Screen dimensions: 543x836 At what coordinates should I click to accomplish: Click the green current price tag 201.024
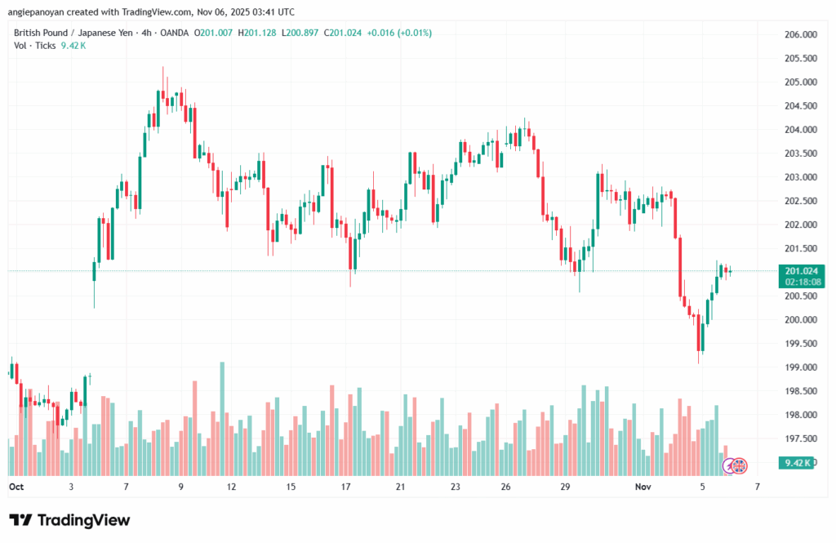801,270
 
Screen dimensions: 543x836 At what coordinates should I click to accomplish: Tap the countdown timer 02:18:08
801,282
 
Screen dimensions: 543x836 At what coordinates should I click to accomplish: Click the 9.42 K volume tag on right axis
797,463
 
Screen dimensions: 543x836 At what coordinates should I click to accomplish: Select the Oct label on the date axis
16,486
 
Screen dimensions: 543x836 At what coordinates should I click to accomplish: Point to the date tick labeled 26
506,486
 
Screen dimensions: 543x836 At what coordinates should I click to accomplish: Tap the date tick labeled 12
232,486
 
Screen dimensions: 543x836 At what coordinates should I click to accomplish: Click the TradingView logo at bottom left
69,520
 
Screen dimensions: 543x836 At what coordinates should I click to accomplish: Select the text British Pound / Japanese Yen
66,33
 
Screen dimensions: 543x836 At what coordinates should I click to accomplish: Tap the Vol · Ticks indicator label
35,46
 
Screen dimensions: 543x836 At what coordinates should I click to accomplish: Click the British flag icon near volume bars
739,465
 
